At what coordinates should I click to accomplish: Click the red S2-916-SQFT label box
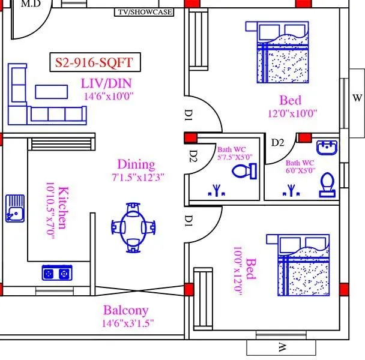coord(94,62)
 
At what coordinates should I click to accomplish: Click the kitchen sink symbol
coord(15,208)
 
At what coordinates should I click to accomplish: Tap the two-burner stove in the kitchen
coord(56,273)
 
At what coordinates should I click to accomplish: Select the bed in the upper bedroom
coord(279,52)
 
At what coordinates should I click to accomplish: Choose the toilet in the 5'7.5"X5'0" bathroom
coord(244,172)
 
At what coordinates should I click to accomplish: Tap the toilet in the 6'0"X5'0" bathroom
coord(327,185)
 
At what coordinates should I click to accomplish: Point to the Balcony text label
coord(125,310)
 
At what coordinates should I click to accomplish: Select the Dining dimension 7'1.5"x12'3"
coord(137,178)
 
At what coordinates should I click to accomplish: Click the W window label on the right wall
coord(357,98)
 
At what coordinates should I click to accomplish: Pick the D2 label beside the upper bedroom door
coord(277,142)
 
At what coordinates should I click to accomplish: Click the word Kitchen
coord(64,207)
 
